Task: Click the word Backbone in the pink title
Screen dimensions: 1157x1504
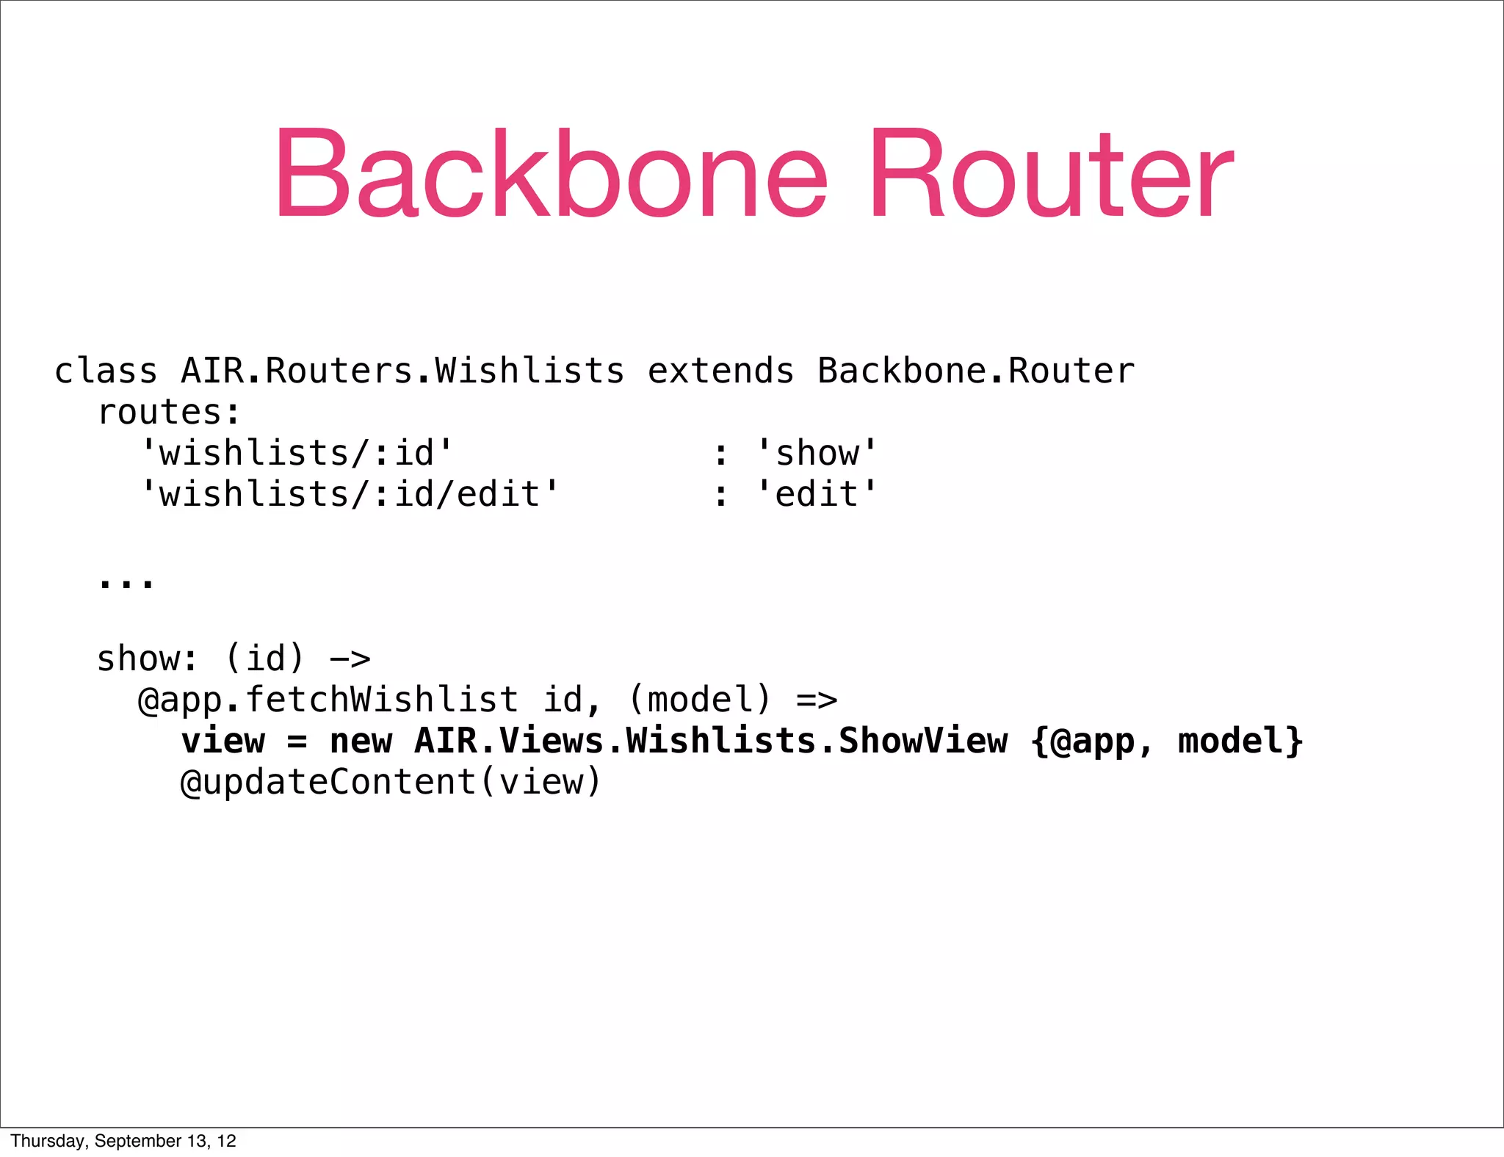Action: pyautogui.click(x=551, y=174)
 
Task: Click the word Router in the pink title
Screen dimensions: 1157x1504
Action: pyautogui.click(x=1052, y=174)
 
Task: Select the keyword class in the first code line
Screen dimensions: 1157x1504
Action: pyautogui.click(x=106, y=371)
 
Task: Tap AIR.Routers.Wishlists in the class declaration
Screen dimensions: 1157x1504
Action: pyautogui.click(x=402, y=371)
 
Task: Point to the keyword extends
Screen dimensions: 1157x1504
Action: pyautogui.click(x=720, y=371)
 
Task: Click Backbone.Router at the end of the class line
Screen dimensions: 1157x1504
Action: pyautogui.click(x=975, y=371)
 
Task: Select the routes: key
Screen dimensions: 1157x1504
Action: pyautogui.click(x=169, y=413)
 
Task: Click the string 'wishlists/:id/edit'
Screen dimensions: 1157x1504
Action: pyautogui.click(x=350, y=494)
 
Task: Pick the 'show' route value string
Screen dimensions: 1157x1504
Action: pyautogui.click(x=817, y=453)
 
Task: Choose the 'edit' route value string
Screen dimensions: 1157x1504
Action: pyautogui.click(x=817, y=494)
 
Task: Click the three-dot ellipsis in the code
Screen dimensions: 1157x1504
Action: pyautogui.click(x=126, y=582)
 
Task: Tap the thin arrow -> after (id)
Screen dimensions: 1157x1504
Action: pyautogui.click(x=350, y=659)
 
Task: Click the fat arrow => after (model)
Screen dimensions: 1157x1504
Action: pyautogui.click(x=817, y=700)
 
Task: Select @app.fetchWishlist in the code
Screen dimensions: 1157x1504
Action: pyautogui.click(x=328, y=700)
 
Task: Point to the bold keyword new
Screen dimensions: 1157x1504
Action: pyautogui.click(x=361, y=741)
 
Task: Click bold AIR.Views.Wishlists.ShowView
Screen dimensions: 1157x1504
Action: pyautogui.click(x=711, y=741)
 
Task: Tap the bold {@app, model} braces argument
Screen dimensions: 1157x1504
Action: pyautogui.click(x=1167, y=741)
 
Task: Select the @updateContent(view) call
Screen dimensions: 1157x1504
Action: pyautogui.click(x=391, y=782)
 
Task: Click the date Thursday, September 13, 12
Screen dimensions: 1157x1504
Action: pyautogui.click(x=123, y=1141)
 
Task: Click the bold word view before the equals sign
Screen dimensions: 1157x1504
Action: pyautogui.click(x=223, y=741)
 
